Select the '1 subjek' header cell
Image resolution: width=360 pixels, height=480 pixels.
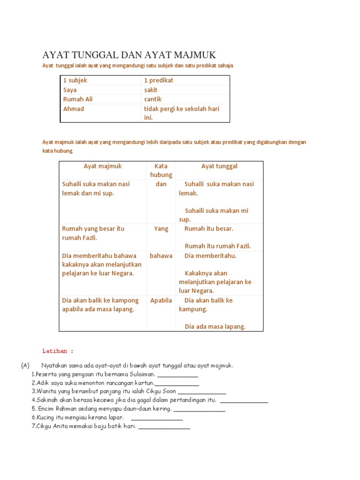pyautogui.click(x=75, y=80)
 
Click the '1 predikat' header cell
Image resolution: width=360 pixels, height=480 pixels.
pyautogui.click(x=158, y=80)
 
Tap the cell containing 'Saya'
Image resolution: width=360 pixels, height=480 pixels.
pyautogui.click(x=70, y=90)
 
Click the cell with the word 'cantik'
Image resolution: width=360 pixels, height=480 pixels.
pyautogui.click(x=151, y=99)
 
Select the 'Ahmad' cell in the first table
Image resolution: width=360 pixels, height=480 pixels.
pyautogui.click(x=74, y=109)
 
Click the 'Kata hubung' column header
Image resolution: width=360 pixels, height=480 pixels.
pyautogui.click(x=161, y=170)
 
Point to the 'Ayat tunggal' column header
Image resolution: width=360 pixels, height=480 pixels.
pyautogui.click(x=219, y=166)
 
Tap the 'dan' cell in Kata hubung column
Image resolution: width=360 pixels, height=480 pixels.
pyautogui.click(x=161, y=184)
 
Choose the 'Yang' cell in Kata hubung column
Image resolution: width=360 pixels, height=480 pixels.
pyautogui.click(x=161, y=229)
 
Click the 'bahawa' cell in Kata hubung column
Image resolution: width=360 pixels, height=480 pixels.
pyautogui.click(x=161, y=255)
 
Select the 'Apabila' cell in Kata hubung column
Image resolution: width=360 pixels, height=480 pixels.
pyautogui.click(x=161, y=300)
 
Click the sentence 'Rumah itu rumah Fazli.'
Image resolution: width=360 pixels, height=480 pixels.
pyautogui.click(x=217, y=246)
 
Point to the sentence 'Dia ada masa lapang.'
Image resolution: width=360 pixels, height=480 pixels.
pyautogui.click(x=215, y=327)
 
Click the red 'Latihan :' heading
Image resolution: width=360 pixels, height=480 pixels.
pyautogui.click(x=58, y=351)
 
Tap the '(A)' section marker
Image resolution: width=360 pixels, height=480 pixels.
pyautogui.click(x=25, y=365)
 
